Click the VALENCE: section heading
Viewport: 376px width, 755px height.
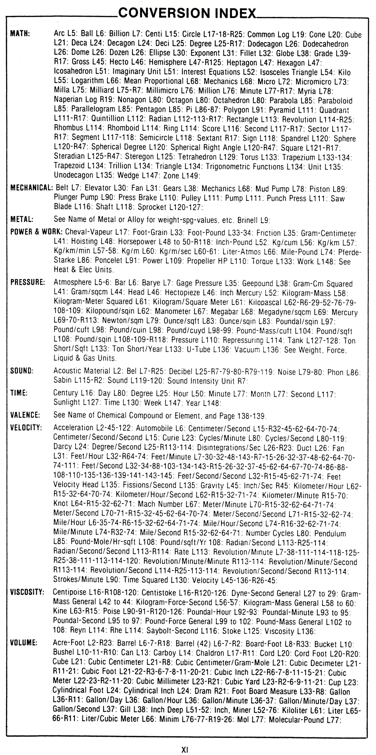25,415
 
